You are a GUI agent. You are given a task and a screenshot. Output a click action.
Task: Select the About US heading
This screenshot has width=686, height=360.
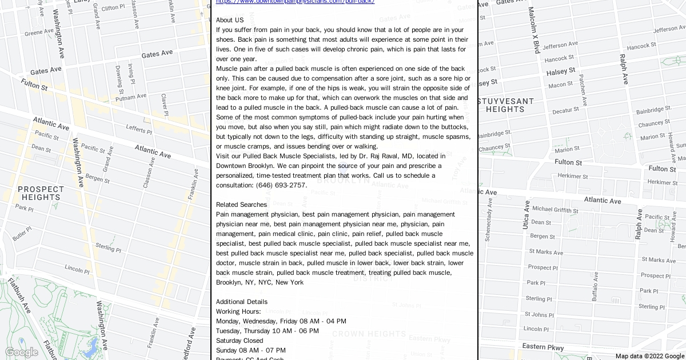(x=230, y=20)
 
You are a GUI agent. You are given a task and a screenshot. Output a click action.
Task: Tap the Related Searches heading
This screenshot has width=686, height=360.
(x=241, y=205)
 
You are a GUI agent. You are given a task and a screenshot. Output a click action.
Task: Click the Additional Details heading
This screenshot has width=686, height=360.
(x=242, y=302)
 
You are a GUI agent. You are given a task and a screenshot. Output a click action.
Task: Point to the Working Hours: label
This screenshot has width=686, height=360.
(x=238, y=311)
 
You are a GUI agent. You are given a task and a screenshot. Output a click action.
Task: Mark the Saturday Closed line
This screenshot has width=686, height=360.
(x=240, y=341)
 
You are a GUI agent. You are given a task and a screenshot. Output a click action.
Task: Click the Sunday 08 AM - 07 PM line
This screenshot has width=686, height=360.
(x=251, y=350)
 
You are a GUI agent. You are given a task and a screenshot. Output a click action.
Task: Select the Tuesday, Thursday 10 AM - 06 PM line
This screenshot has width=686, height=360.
(x=268, y=331)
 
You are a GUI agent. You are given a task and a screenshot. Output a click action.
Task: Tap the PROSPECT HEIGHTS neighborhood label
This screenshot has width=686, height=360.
(x=41, y=193)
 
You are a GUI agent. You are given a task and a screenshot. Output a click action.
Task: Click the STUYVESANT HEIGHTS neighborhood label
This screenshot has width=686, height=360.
(x=505, y=105)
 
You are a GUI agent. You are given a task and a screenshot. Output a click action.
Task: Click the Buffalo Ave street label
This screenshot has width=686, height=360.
(x=595, y=287)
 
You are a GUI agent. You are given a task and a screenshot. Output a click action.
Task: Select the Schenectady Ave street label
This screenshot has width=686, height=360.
(x=488, y=221)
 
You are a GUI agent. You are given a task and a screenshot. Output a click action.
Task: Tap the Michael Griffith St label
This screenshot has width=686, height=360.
(x=555, y=210)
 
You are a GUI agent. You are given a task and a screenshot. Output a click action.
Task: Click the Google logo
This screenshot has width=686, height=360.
(x=21, y=352)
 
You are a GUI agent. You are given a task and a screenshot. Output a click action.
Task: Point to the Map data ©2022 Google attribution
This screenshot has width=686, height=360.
(x=649, y=356)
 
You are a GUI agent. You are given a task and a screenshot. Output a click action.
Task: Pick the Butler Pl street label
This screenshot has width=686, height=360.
(x=22, y=234)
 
